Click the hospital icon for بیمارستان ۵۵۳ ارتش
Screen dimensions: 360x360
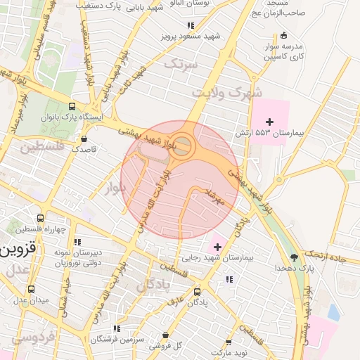point(269,122)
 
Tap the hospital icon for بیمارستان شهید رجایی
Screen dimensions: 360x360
point(217,247)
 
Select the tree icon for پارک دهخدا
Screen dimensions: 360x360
point(294,257)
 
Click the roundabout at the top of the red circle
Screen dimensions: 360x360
point(183,146)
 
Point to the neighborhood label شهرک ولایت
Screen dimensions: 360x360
point(240,92)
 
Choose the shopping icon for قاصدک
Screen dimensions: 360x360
point(85,139)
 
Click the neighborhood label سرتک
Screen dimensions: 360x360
point(181,65)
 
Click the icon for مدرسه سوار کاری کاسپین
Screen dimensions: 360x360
point(283,36)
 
